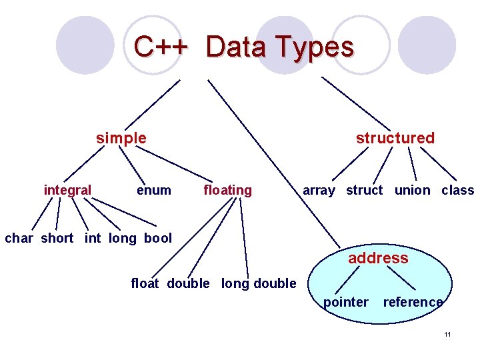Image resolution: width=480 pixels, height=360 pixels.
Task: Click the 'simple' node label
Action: (121, 138)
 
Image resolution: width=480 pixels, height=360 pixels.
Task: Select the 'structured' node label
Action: (395, 138)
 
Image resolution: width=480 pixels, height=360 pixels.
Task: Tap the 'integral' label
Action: (67, 190)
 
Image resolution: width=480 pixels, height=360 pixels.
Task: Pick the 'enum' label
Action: (153, 190)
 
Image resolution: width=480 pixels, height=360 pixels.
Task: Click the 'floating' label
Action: (227, 190)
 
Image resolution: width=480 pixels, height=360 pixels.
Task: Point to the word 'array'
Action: (319, 190)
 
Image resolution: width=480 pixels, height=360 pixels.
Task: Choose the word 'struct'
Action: (364, 190)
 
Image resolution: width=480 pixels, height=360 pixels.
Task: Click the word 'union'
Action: (412, 190)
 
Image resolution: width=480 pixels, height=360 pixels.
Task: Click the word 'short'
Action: (57, 238)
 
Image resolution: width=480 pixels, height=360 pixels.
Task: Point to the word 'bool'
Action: (157, 238)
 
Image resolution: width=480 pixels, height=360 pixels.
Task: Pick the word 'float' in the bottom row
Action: (145, 283)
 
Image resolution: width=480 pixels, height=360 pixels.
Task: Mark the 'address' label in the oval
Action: (378, 258)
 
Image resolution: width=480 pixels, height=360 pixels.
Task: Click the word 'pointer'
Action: (345, 302)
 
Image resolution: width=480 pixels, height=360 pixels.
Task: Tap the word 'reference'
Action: (413, 302)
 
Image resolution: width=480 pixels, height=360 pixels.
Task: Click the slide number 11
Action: (447, 333)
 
